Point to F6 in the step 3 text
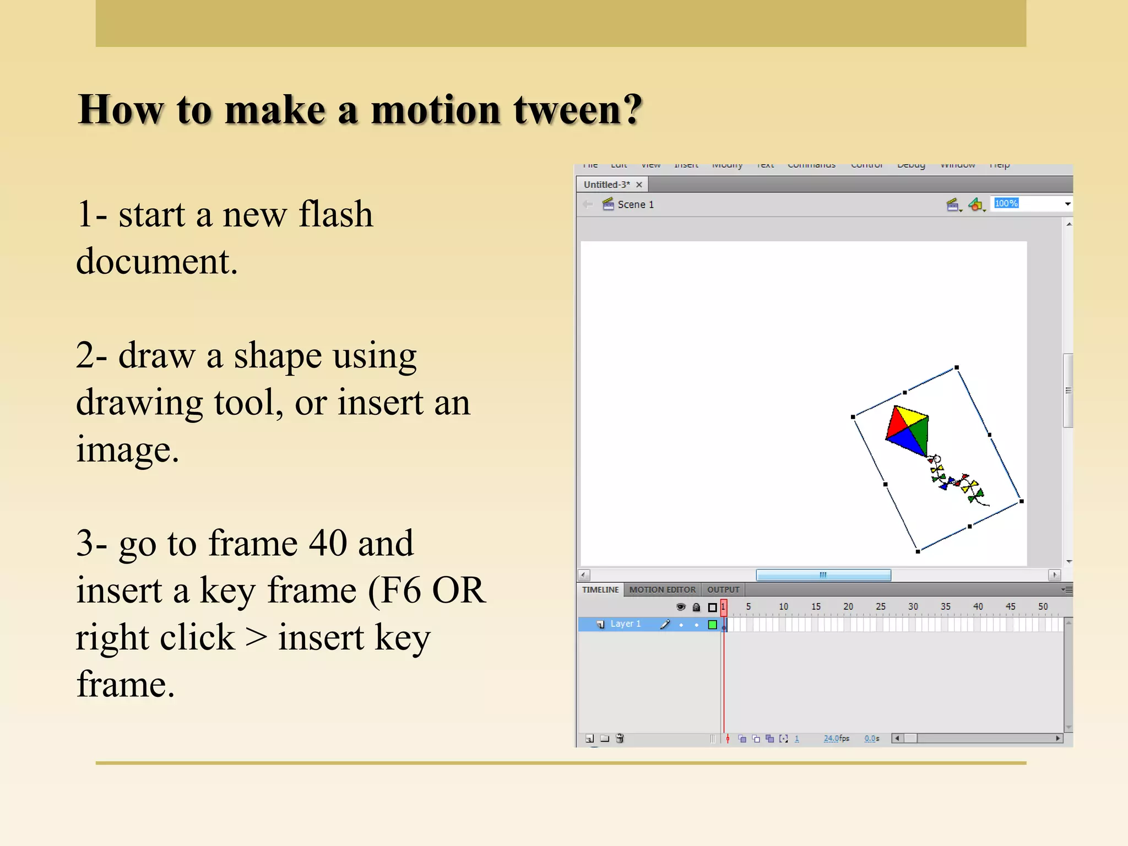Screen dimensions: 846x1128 401,590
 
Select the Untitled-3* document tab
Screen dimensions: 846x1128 607,185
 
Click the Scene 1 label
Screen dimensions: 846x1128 635,204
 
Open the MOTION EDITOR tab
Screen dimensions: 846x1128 662,589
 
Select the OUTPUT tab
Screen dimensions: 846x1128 723,589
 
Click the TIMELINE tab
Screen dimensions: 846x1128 600,589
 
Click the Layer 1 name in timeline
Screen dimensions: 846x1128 625,623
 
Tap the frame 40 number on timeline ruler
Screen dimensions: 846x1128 978,606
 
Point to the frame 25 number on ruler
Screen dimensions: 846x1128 880,606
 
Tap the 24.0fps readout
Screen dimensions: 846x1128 836,738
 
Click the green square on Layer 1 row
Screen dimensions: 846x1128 712,624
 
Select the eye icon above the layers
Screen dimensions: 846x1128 681,607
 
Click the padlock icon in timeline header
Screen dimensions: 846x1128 696,607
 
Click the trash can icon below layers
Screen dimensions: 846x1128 620,738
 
